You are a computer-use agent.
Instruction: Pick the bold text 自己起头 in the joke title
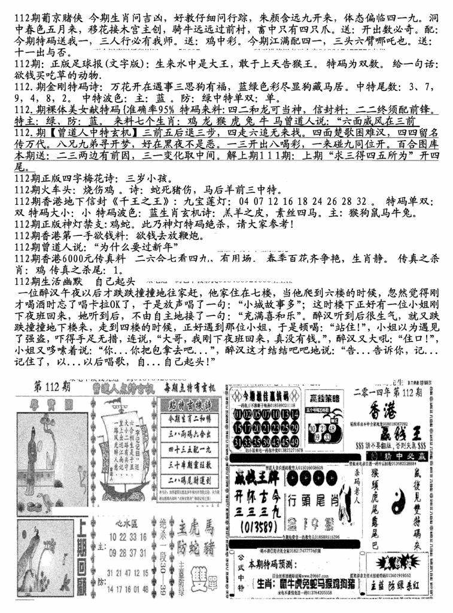tap(116, 280)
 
